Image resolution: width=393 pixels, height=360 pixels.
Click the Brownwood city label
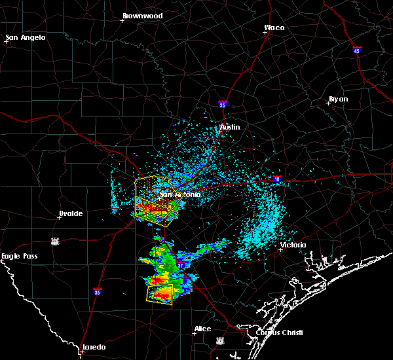pos(142,15)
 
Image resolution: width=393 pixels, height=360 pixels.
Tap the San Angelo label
pos(26,37)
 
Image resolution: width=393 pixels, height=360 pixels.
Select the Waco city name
pos(274,27)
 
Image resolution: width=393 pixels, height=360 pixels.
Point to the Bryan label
pos(338,99)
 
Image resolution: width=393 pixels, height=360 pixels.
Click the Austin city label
pos(230,127)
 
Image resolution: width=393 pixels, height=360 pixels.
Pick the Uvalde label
pos(69,213)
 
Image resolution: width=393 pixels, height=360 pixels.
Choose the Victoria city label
pos(293,245)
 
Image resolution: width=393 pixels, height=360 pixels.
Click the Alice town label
pos(202,329)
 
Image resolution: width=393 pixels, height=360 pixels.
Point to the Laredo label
pos(94,346)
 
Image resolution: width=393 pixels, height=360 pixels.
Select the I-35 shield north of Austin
pos(223,104)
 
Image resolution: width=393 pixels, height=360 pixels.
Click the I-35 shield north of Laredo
pos(97,291)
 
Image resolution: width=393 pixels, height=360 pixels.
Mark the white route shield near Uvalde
pos(55,241)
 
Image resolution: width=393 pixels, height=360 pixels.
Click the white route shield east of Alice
pos(219,340)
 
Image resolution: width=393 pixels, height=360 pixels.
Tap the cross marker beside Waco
pos(266,33)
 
